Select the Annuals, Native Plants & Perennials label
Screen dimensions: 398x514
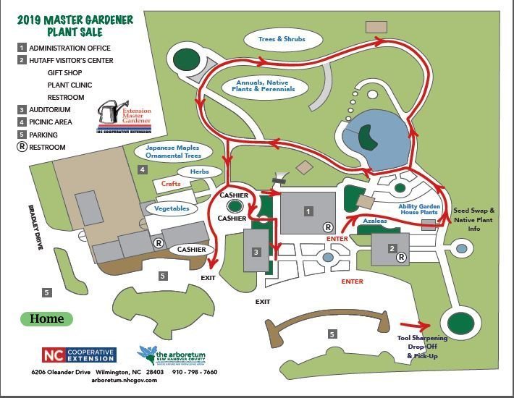coord(265,86)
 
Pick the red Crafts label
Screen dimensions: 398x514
coord(170,184)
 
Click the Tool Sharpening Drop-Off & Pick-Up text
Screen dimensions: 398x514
coord(422,347)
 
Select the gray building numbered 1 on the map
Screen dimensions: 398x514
coord(308,212)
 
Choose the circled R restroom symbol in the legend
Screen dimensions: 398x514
coord(23,148)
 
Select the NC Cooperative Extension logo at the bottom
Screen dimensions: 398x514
coord(78,355)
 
